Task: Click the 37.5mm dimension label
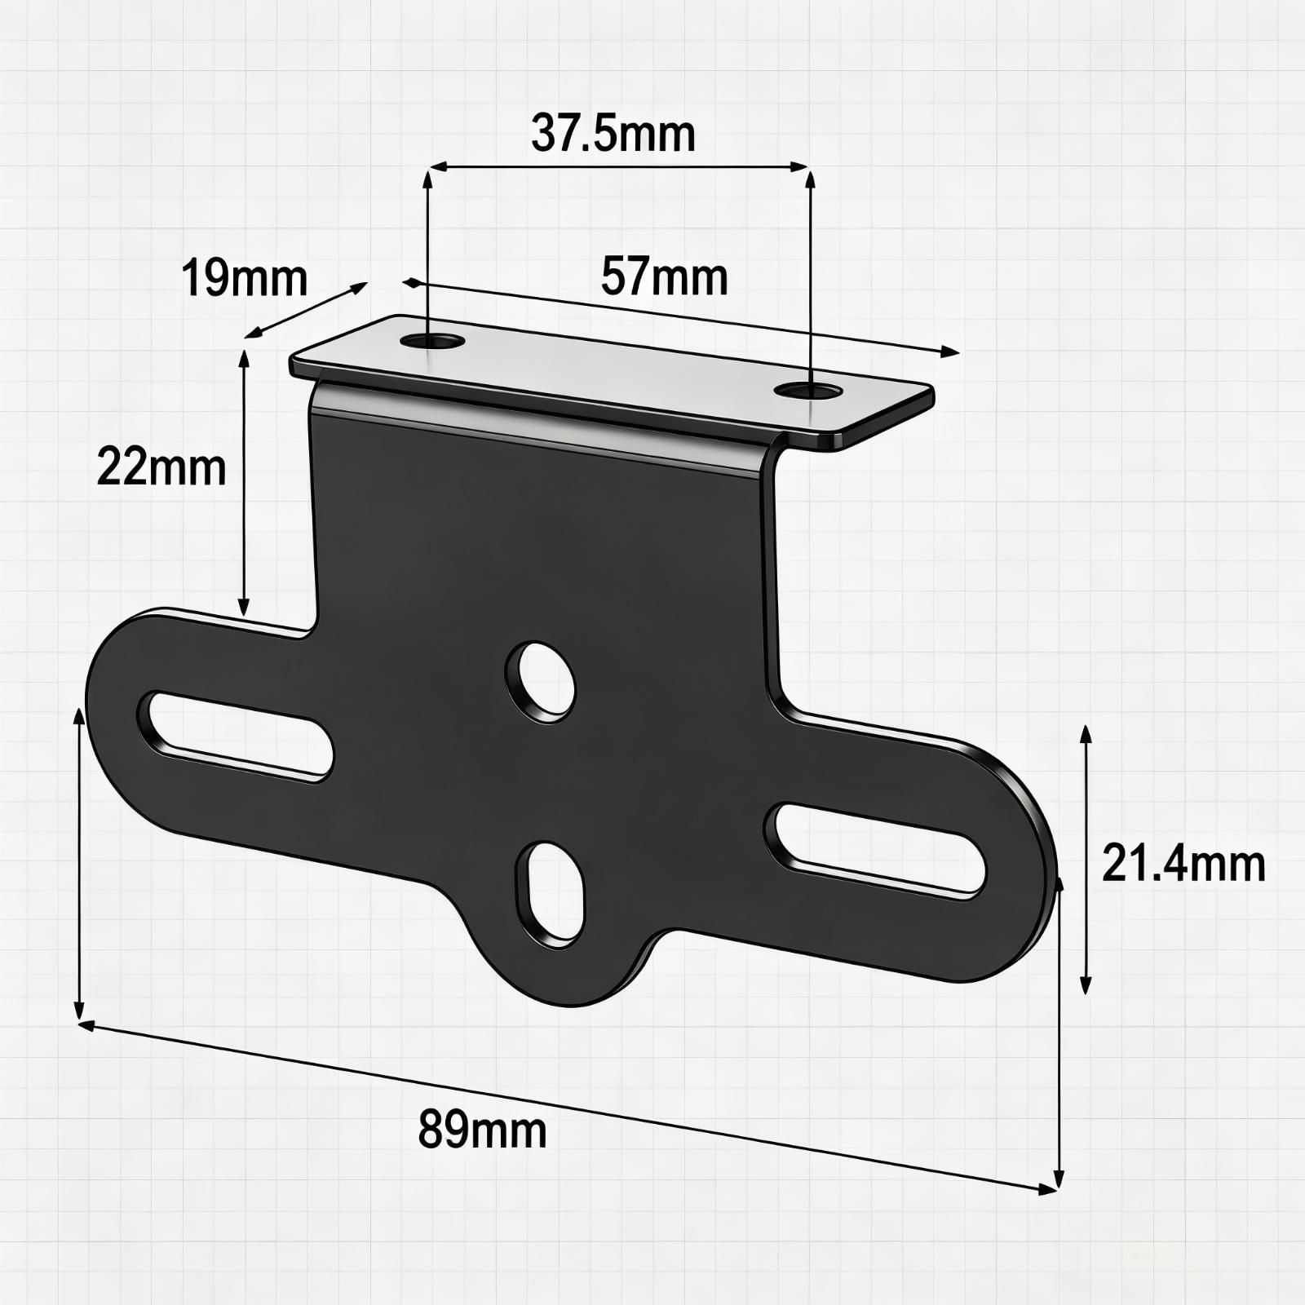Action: point(613,134)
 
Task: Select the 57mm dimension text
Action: point(665,276)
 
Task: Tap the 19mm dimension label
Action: point(244,277)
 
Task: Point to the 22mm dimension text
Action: point(161,468)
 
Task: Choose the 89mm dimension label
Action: point(483,1130)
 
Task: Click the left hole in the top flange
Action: point(432,341)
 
